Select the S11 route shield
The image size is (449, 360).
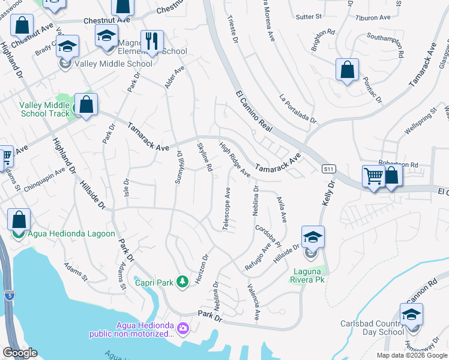coord(327,169)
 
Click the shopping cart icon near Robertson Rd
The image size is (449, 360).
coord(373,176)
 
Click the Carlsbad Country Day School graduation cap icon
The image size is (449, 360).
coord(411,314)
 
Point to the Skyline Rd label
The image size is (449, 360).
coord(205,157)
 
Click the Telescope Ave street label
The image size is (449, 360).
coord(227,209)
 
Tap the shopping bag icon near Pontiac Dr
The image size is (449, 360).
coord(347,70)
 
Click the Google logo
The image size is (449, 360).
coord(20,353)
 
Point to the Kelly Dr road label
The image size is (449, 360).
coord(328,198)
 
